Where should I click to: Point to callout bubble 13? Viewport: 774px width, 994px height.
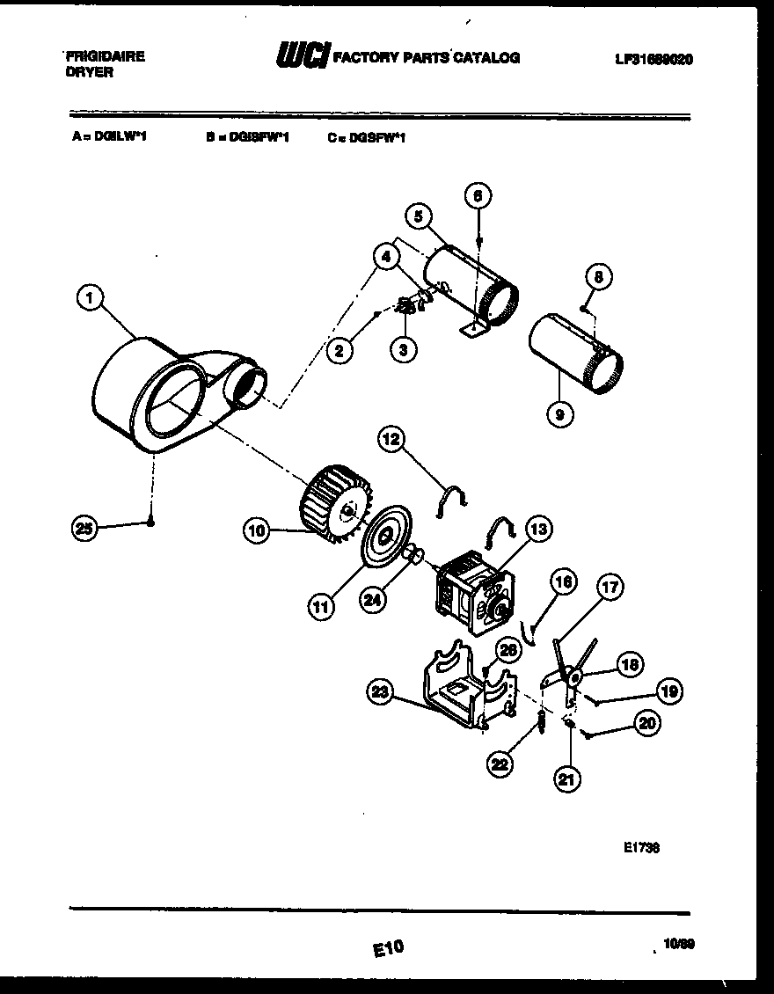coord(538,528)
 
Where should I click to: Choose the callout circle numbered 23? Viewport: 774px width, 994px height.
coord(379,693)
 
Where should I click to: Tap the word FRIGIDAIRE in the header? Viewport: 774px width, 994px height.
coord(106,55)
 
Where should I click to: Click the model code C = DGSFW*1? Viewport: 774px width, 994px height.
coord(367,137)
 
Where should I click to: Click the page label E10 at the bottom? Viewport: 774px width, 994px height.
coord(387,947)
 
